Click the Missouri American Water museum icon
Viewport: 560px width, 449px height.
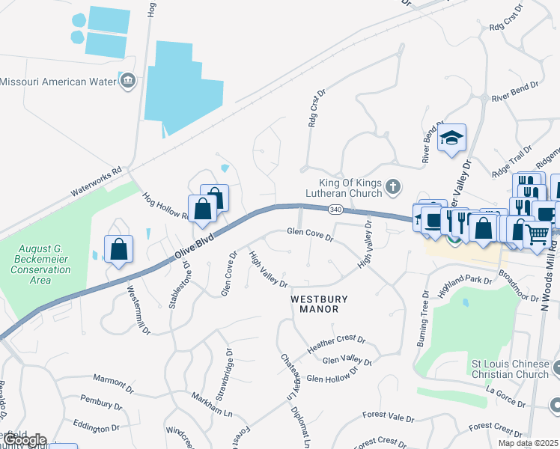127,81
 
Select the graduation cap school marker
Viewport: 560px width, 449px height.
452,138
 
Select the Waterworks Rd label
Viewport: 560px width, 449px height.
96,181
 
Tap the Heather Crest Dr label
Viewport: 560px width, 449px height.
335,344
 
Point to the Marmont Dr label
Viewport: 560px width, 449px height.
113,385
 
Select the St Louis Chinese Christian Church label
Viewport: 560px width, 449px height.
509,369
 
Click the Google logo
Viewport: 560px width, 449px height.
24,440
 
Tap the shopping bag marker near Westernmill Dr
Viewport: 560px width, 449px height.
119,248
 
